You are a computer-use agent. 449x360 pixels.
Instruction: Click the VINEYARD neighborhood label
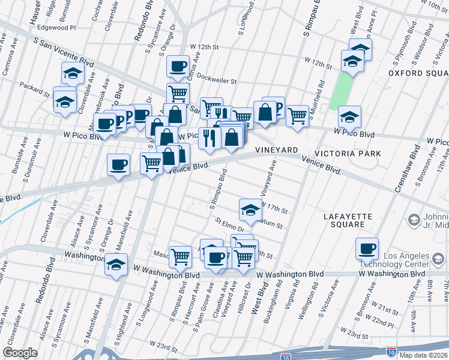click(277, 149)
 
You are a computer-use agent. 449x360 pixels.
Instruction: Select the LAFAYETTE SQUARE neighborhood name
click(348, 220)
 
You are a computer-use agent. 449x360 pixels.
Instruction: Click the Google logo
click(20, 353)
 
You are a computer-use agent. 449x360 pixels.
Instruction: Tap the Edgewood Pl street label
click(56, 28)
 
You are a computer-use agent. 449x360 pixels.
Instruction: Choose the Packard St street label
click(34, 89)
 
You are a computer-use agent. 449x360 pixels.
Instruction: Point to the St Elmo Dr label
click(230, 225)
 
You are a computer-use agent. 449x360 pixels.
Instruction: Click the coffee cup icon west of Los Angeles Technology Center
click(367, 248)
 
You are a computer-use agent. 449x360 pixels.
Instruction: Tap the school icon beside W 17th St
click(250, 209)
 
